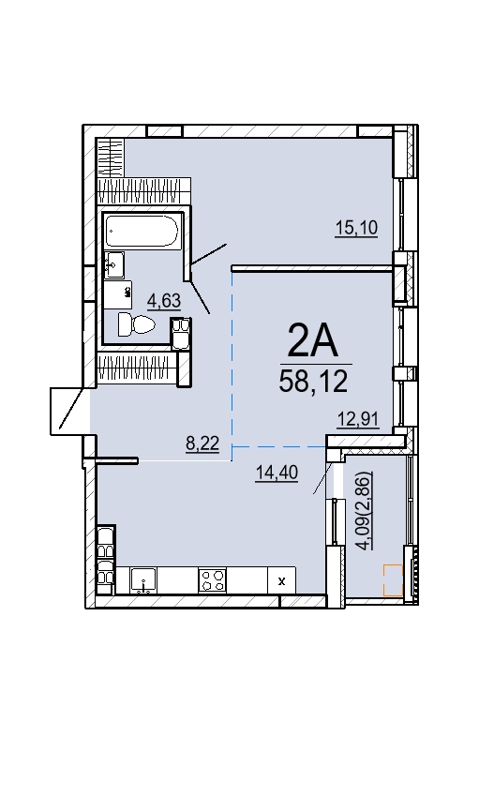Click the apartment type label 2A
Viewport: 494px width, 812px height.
pyautogui.click(x=313, y=340)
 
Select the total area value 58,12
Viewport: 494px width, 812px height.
pyautogui.click(x=313, y=382)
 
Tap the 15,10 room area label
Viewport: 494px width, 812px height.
pyautogui.click(x=356, y=227)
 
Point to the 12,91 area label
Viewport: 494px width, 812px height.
pyautogui.click(x=358, y=418)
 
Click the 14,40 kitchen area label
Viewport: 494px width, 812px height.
pyautogui.click(x=277, y=473)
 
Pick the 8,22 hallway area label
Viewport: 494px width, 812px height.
pyautogui.click(x=202, y=444)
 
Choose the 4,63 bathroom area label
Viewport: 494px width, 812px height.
pyautogui.click(x=164, y=300)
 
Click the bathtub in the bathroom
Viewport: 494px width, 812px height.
pyautogui.click(x=142, y=231)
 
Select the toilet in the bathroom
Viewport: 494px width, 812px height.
pyautogui.click(x=137, y=324)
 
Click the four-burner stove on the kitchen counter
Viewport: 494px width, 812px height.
pyautogui.click(x=212, y=580)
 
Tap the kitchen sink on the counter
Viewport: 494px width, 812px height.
pyautogui.click(x=144, y=580)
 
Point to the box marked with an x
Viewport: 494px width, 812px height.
pyautogui.click(x=282, y=580)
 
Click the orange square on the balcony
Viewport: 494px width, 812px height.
pyautogui.click(x=393, y=580)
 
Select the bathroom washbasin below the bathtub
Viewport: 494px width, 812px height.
pyautogui.click(x=114, y=264)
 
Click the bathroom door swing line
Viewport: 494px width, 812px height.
pyautogui.click(x=200, y=298)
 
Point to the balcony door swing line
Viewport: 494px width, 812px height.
pyautogui.click(x=322, y=477)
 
